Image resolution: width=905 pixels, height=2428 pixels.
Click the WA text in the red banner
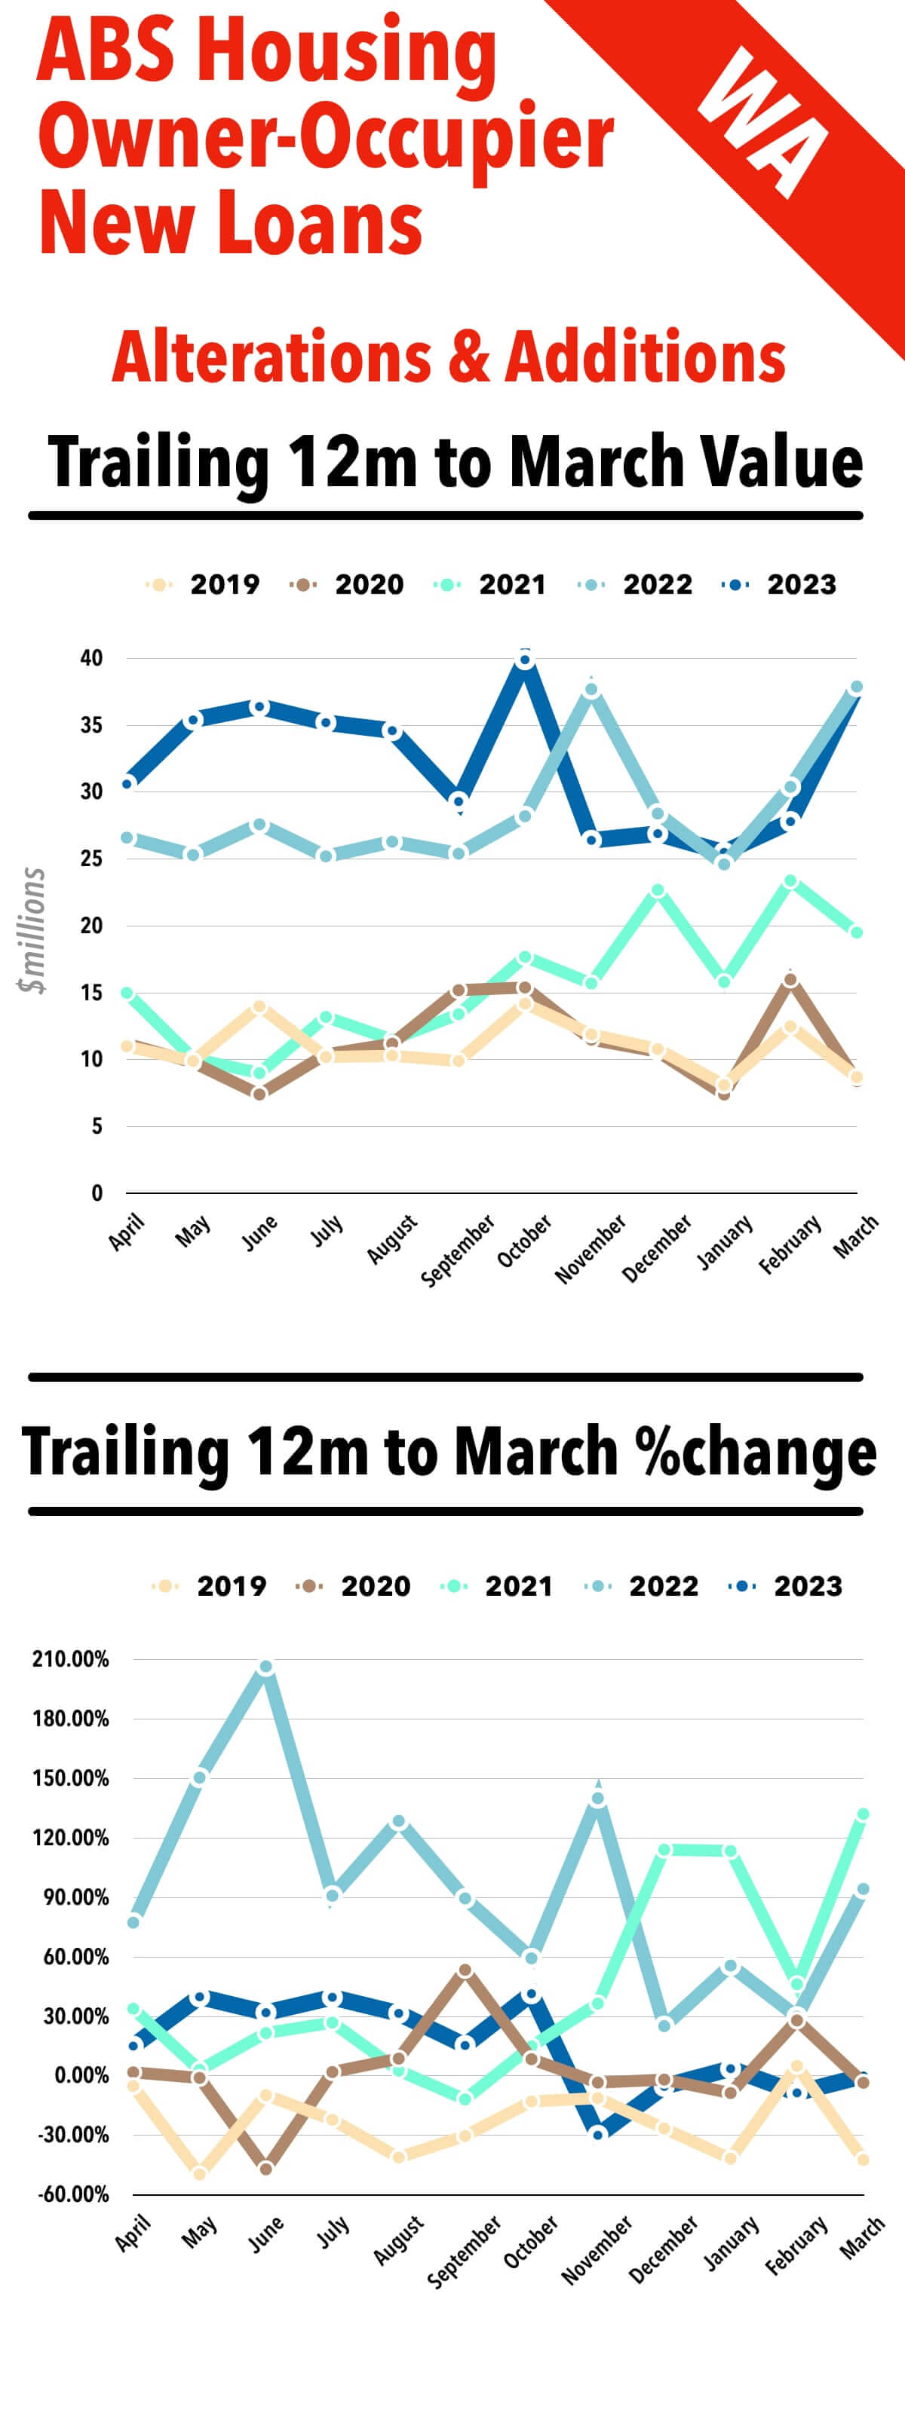tap(763, 123)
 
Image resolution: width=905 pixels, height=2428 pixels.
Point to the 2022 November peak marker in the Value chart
tap(591, 689)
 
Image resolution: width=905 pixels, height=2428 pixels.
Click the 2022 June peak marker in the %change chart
tap(265, 1667)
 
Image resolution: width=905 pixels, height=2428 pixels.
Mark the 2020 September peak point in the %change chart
tap(465, 1970)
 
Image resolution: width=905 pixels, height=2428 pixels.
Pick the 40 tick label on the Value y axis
tap(91, 658)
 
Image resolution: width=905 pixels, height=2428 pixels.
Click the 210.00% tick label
tap(71, 1659)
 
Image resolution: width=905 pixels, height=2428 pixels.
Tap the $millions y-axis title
tap(32, 930)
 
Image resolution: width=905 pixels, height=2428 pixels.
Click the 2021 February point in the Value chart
tap(791, 881)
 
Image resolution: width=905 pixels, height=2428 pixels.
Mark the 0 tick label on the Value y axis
tap(97, 1193)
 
